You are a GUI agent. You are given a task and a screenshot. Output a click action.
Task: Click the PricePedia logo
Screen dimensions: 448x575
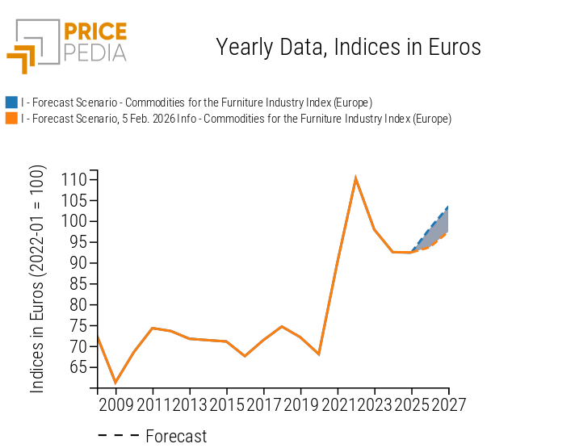click(66, 44)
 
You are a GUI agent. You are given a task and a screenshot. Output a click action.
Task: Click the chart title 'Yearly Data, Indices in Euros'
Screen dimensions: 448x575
click(348, 47)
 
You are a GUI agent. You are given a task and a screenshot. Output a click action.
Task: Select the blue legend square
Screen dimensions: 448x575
click(11, 103)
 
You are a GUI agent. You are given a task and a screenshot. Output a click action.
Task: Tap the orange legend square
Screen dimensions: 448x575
click(11, 119)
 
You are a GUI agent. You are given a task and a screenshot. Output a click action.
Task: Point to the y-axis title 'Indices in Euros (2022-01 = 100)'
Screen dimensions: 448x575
click(38, 279)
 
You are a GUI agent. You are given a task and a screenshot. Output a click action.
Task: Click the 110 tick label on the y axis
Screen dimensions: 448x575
click(73, 179)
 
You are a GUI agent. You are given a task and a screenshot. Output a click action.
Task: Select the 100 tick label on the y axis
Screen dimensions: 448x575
click(73, 221)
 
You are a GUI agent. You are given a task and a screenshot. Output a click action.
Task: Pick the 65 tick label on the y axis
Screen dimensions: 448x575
click(77, 367)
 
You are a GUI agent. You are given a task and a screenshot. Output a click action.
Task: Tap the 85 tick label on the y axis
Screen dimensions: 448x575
click(77, 284)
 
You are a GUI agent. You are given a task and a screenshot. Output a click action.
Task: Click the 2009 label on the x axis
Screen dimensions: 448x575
click(115, 403)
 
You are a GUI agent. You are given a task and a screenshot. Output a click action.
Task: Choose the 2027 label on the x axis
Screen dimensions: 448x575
click(448, 403)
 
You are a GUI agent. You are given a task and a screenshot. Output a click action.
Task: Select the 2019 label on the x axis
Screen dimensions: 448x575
click(300, 403)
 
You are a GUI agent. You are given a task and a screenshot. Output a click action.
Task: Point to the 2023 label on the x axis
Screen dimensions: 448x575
click(375, 403)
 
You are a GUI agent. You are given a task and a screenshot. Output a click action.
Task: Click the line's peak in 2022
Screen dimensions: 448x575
click(355, 178)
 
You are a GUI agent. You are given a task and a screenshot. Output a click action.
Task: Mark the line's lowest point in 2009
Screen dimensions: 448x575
click(115, 383)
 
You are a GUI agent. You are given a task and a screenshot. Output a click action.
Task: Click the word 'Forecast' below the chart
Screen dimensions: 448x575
click(176, 436)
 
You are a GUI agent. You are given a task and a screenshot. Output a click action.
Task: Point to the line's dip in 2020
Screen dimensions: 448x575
click(319, 354)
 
